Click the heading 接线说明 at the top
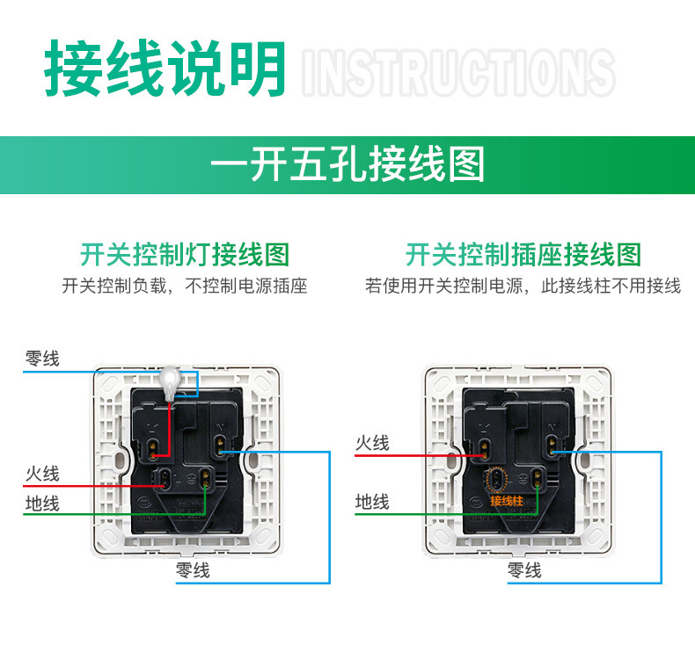[x=165, y=68]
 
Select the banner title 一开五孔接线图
[x=348, y=164]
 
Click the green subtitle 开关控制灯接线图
[x=185, y=255]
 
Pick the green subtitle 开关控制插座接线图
[x=523, y=255]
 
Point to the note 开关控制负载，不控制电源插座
[x=185, y=286]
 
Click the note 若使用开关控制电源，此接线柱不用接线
[x=523, y=286]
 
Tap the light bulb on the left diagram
[x=171, y=380]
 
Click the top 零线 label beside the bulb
[x=42, y=359]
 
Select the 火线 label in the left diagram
[x=42, y=474]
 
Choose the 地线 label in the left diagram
[x=42, y=504]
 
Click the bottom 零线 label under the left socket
[x=193, y=570]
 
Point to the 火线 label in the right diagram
[x=372, y=444]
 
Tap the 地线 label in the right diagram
[x=372, y=502]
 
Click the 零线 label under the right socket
[x=524, y=570]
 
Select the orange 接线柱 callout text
[x=507, y=501]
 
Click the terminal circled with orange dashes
[x=496, y=479]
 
